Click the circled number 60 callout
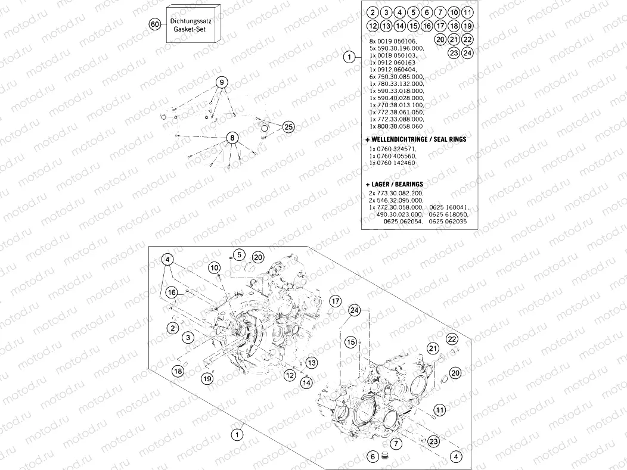click(155, 24)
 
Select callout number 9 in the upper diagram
click(221, 82)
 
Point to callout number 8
click(231, 138)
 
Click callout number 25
click(288, 126)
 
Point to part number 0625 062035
click(448, 222)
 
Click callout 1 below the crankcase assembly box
click(237, 434)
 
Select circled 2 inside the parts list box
click(372, 13)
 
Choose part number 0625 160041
click(448, 207)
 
